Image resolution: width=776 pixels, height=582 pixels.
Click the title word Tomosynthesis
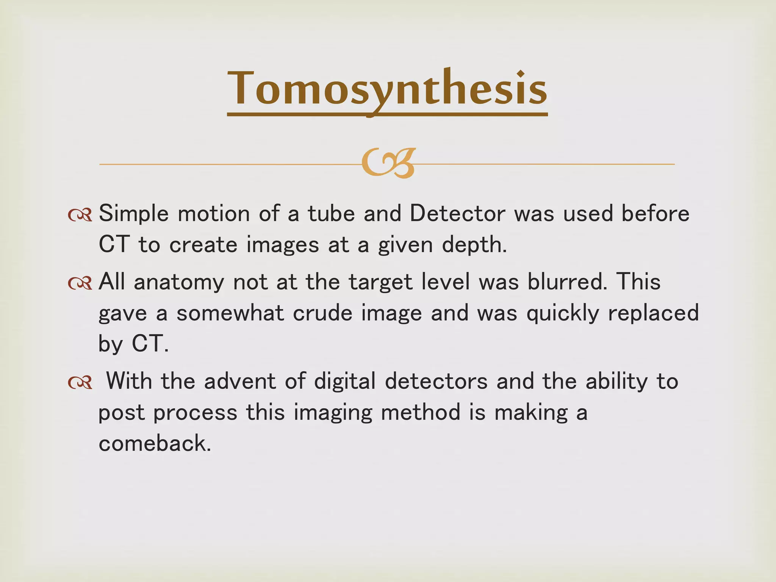tap(387, 89)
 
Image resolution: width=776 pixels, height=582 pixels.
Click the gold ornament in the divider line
tap(388, 163)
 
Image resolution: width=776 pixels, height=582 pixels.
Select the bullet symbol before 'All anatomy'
tap(80, 283)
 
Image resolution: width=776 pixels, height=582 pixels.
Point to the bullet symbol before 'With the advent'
tap(80, 383)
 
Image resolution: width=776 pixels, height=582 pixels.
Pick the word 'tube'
tap(331, 213)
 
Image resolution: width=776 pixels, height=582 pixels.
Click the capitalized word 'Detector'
tap(457, 213)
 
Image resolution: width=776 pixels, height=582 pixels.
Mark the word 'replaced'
tap(653, 313)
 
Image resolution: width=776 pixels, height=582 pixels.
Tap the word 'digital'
tap(345, 382)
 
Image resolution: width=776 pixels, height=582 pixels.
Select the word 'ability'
tap(616, 382)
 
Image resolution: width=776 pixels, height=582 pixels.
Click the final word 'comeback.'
tap(155, 443)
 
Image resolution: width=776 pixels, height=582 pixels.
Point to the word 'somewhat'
tap(230, 313)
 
